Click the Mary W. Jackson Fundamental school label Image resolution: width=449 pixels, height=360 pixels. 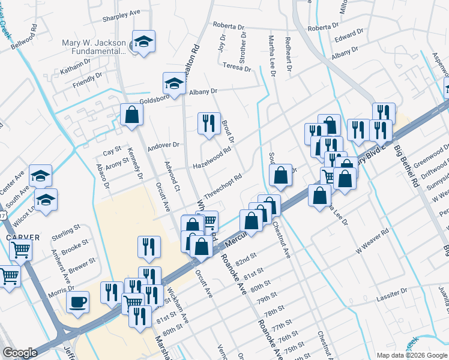coord(95,47)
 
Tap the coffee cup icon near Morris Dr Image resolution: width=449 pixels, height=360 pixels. coord(77,302)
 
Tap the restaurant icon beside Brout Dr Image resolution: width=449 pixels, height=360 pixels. coord(208,124)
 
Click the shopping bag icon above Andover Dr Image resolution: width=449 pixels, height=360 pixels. coord(131,115)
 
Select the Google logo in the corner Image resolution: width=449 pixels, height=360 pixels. coord(20,353)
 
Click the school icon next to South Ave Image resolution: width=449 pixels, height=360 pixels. coord(40,175)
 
